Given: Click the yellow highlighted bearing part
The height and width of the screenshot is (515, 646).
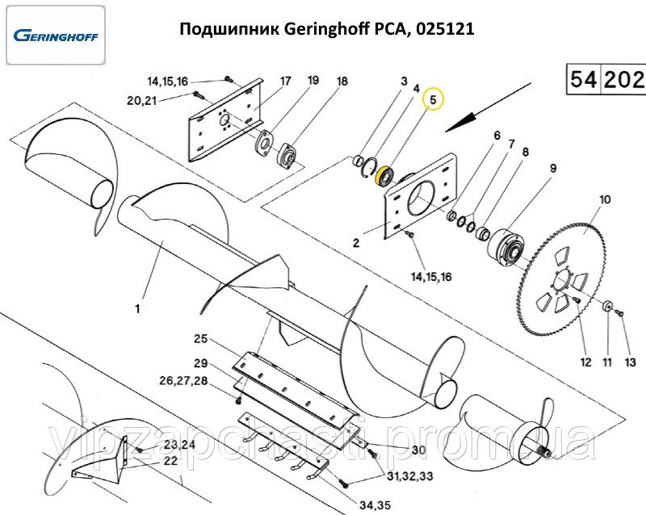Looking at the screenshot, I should (x=386, y=174).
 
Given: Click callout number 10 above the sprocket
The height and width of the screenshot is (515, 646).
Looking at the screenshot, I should (x=605, y=199).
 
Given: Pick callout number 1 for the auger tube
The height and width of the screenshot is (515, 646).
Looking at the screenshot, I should (x=138, y=308).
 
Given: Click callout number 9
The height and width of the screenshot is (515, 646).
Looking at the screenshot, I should (x=553, y=169).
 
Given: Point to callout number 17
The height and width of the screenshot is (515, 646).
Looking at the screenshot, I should (x=285, y=82).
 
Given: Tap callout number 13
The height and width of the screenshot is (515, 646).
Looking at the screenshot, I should (x=631, y=363).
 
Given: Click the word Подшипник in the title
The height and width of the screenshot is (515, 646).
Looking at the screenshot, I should (x=229, y=30).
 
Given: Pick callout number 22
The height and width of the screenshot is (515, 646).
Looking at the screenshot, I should (x=170, y=461).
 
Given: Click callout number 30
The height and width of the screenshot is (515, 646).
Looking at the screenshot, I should (x=418, y=450).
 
